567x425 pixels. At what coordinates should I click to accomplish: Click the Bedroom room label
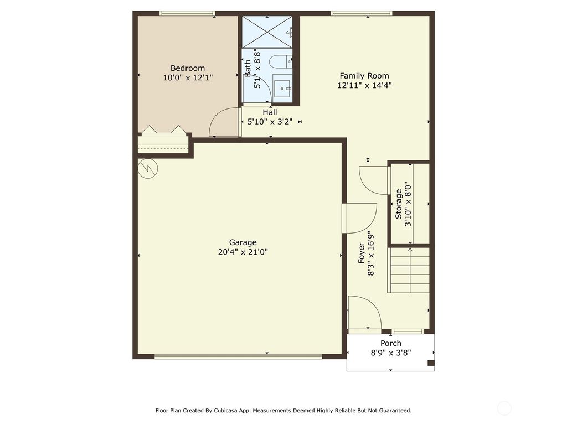point(187,68)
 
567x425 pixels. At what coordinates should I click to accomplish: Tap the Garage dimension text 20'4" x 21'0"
point(243,252)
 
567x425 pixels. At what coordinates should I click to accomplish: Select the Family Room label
point(364,76)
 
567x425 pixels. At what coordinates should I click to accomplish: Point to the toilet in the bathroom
point(281,60)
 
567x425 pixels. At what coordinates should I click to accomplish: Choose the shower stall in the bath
point(267,32)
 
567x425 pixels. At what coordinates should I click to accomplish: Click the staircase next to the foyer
point(410,271)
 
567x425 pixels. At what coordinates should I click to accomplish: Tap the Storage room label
point(399,204)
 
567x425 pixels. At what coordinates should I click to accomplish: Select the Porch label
point(390,343)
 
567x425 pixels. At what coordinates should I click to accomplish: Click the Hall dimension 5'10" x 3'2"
point(270,122)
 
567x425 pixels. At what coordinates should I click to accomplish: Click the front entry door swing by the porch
point(364,313)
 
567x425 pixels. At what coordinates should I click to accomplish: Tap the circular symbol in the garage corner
point(148,169)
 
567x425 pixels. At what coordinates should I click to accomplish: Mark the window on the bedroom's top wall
point(187,13)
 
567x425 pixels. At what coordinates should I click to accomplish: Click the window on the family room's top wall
point(361,13)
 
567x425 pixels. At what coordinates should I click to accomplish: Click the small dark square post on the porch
point(431,363)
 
